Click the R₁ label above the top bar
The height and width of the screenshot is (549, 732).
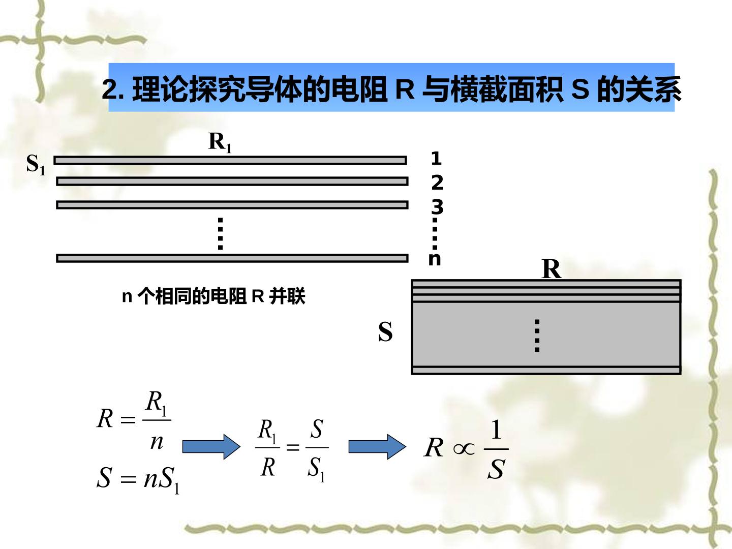220,143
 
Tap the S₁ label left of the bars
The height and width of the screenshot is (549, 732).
36,165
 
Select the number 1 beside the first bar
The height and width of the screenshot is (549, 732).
436,159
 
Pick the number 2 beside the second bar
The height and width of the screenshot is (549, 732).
437,182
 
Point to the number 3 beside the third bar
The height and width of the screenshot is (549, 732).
437,207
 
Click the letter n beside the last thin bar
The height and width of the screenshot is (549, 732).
435,259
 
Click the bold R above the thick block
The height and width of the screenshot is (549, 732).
551,269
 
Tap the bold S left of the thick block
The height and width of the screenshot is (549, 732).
385,331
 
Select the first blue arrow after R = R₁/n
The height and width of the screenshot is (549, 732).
211,447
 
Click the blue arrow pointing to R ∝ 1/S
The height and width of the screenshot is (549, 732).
378,447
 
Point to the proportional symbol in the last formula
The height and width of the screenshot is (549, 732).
464,449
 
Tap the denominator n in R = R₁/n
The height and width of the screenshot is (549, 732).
157,442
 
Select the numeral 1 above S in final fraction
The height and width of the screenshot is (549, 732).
496,430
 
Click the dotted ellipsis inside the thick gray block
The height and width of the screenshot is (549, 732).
537,335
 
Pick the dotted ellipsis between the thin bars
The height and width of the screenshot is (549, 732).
220,234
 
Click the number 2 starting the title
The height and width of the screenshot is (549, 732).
109,89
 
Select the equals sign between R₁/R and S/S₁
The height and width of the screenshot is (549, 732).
293,447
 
